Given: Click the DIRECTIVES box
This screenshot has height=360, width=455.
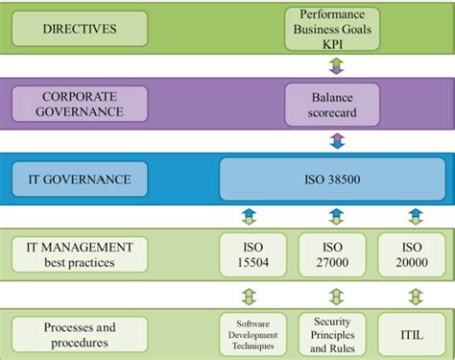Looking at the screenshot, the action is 80,29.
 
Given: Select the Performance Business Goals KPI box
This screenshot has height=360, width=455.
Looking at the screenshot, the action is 333,29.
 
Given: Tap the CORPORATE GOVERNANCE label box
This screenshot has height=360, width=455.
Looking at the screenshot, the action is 81,104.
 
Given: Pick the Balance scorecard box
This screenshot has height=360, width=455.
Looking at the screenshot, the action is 333,104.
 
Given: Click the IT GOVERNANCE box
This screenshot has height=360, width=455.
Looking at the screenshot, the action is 80,179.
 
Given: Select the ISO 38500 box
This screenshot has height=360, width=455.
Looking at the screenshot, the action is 333,179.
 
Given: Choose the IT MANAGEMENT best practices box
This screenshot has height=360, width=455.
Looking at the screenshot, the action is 80,253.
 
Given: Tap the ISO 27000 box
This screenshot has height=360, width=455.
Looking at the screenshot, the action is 333,253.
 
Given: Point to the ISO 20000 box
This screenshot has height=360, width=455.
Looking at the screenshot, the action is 415,253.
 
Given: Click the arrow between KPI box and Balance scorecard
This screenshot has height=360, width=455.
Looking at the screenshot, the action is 336,66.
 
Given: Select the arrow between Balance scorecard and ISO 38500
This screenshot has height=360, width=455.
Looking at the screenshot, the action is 336,141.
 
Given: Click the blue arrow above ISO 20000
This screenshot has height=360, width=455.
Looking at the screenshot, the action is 416,216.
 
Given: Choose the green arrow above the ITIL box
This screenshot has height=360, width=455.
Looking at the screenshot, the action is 416,295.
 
